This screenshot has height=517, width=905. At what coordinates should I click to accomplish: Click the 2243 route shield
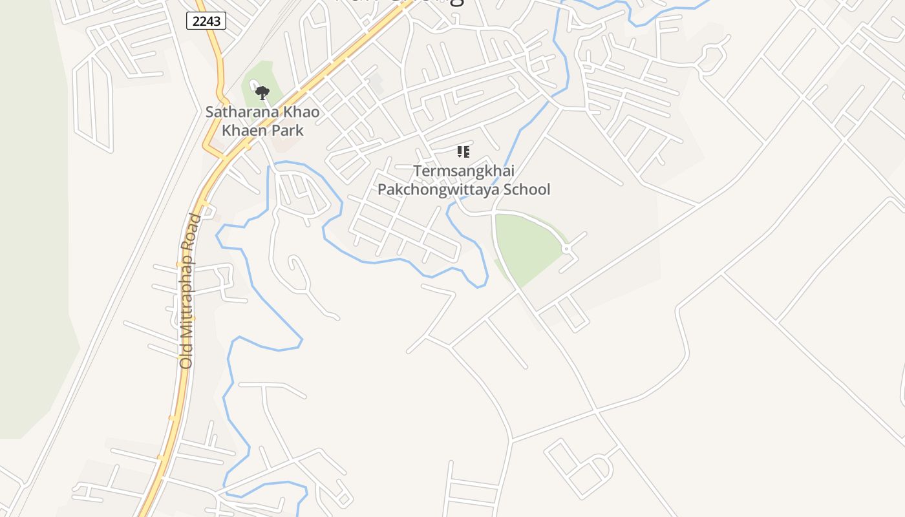207,21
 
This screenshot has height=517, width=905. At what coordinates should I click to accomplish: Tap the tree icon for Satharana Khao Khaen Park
262,93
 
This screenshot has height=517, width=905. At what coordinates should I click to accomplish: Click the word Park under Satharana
288,130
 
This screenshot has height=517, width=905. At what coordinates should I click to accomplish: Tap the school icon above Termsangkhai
463,152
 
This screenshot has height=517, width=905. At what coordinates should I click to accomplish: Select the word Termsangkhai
463,171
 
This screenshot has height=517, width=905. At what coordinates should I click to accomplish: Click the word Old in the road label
186,356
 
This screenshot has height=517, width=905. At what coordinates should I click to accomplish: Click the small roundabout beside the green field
566,249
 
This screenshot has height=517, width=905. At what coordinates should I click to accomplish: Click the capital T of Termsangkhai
418,171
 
